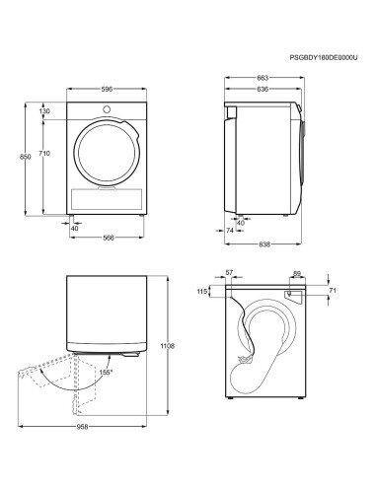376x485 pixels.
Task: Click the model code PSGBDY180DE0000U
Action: coord(324,57)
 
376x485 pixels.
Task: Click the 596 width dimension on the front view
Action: coord(107,89)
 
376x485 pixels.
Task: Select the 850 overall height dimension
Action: coord(26,157)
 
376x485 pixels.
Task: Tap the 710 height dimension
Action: coord(44,153)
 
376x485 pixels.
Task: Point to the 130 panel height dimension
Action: coord(44,111)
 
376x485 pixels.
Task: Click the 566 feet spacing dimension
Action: coord(109,238)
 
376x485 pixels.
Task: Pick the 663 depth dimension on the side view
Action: coord(263,78)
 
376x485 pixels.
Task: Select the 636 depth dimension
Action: coord(263,89)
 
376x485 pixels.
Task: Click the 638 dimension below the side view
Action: coord(264,244)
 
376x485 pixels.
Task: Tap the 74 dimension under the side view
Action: coord(230,231)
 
